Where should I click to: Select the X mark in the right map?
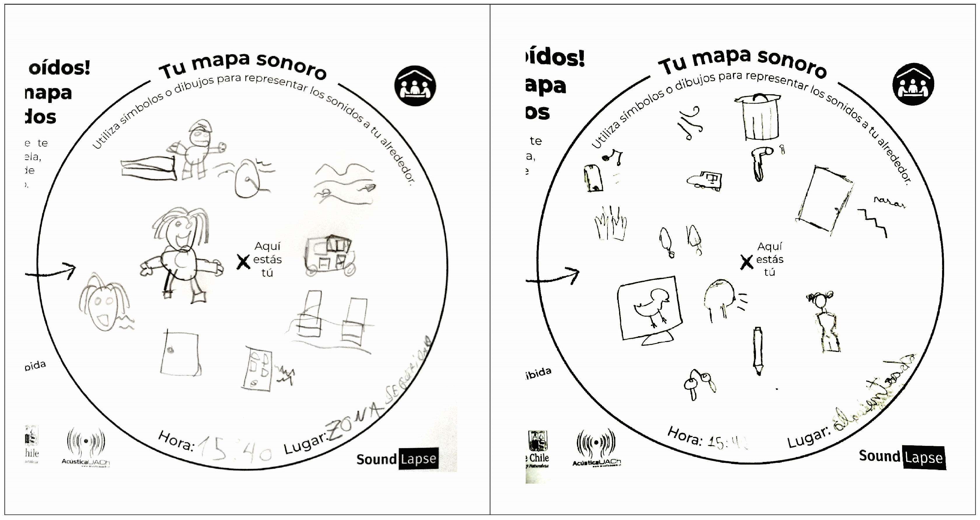tap(746, 262)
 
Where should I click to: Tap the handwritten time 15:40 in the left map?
tap(234, 449)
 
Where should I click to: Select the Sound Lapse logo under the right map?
tap(902, 456)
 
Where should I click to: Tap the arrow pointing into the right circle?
tap(555, 277)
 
